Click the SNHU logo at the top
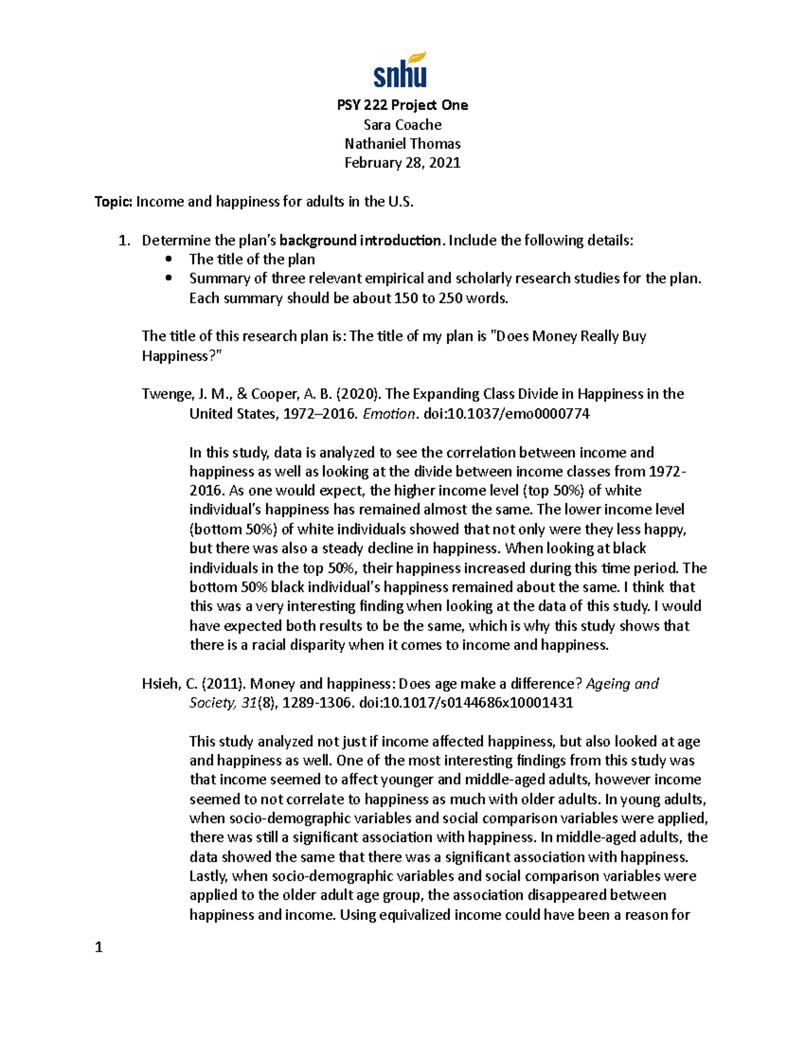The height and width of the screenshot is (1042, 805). click(400, 70)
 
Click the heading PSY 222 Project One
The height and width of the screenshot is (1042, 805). click(402, 105)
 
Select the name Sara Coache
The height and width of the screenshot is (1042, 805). click(402, 125)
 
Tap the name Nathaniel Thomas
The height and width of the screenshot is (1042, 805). click(402, 144)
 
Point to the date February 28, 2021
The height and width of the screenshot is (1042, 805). click(402, 163)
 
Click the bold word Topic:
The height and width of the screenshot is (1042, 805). click(113, 202)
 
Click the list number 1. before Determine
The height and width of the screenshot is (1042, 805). click(124, 241)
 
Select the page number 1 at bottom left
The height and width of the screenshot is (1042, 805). click(99, 947)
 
